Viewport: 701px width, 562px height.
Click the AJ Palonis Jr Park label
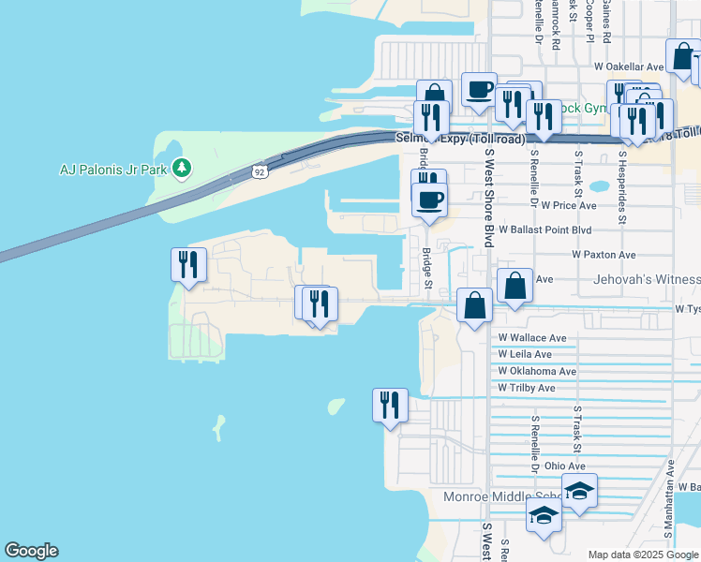click(x=112, y=170)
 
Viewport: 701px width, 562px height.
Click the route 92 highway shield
click(x=258, y=171)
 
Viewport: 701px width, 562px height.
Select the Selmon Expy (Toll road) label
click(x=448, y=139)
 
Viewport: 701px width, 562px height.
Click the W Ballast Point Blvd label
click(x=545, y=229)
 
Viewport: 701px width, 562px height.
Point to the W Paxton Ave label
click(x=604, y=255)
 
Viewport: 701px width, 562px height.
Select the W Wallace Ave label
click(x=532, y=337)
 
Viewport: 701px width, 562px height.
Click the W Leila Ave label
click(x=525, y=354)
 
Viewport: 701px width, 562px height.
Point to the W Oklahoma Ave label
click(x=537, y=371)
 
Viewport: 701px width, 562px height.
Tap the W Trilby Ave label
click(x=527, y=388)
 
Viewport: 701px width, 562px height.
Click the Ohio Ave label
click(x=564, y=466)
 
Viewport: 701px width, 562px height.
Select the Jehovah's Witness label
click(x=647, y=280)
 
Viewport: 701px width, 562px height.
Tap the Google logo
click(x=31, y=552)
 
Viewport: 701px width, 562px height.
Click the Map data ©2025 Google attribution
click(x=642, y=555)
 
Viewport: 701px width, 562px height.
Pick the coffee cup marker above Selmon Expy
click(x=479, y=91)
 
